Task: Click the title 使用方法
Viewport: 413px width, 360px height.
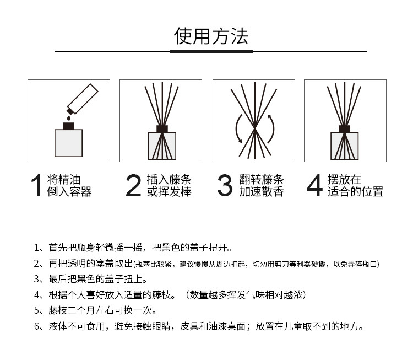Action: click(211, 35)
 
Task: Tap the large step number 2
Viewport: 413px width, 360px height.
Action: click(133, 186)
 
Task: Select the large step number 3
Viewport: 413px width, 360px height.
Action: click(225, 186)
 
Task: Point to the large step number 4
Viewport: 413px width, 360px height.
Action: click(314, 186)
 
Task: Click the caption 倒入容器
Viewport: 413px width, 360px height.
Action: click(69, 192)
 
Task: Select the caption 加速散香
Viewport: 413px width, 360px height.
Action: click(262, 192)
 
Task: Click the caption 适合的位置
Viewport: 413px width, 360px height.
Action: click(355, 192)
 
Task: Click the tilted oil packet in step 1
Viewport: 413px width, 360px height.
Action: click(81, 98)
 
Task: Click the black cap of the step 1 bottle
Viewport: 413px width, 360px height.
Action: click(68, 126)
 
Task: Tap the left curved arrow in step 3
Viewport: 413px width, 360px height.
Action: click(237, 129)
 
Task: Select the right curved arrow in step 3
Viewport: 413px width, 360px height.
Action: click(270, 129)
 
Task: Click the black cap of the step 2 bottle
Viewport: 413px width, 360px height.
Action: click(161, 129)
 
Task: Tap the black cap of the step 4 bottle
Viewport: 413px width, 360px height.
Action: click(345, 129)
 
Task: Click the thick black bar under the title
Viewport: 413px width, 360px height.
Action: click(211, 51)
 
